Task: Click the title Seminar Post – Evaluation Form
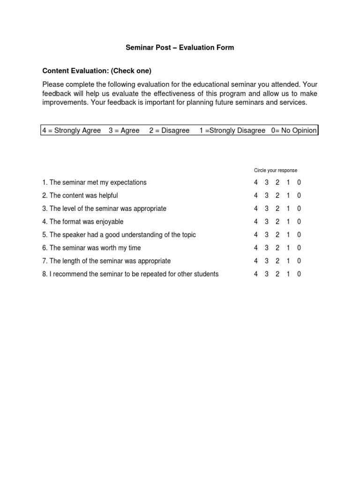(x=180, y=48)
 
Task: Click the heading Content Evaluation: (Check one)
(x=97, y=71)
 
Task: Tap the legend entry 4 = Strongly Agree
(x=71, y=131)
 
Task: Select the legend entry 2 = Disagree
(x=169, y=131)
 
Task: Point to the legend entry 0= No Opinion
(x=294, y=131)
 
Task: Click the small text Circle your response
(x=276, y=170)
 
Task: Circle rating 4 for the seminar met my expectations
(x=256, y=182)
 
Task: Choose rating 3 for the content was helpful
(x=267, y=195)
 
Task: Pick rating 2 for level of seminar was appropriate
(x=277, y=209)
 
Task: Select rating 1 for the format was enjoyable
(x=288, y=222)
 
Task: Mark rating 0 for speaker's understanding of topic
(x=299, y=235)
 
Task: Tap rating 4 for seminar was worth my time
(x=256, y=248)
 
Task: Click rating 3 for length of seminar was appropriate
(x=267, y=261)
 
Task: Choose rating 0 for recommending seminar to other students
(x=299, y=274)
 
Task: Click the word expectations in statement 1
(x=128, y=183)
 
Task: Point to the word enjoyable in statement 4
(x=109, y=222)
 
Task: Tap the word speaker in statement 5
(x=73, y=235)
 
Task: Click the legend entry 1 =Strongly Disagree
(x=232, y=131)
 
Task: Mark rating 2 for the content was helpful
(x=277, y=195)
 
